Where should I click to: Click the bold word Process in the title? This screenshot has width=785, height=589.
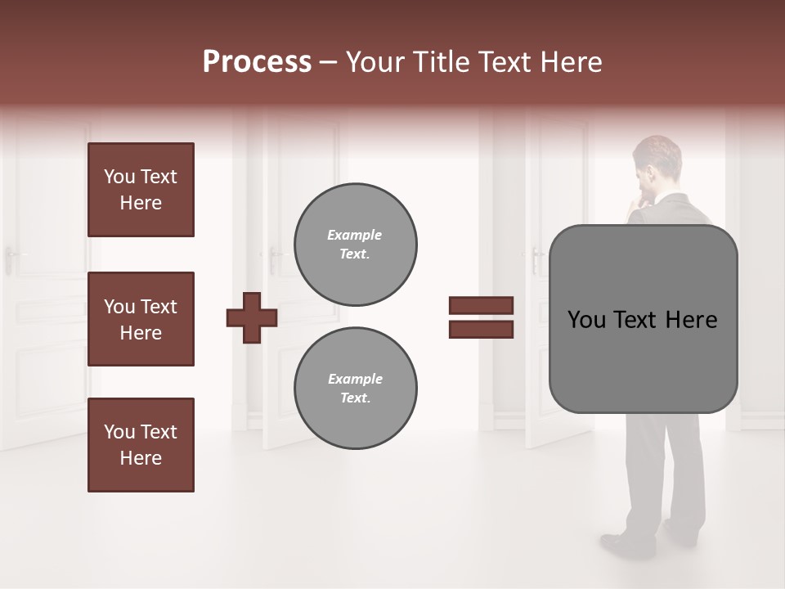click(257, 62)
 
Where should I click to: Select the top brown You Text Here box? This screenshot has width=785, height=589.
click(141, 190)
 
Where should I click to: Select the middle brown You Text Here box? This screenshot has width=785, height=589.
click(141, 319)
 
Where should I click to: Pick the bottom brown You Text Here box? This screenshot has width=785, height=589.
click(141, 445)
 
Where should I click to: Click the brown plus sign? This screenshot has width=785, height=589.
click(252, 317)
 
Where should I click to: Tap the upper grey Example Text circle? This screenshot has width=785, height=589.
click(355, 245)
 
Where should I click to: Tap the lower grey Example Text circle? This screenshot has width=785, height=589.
click(355, 389)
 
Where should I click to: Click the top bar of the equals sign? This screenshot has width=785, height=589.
click(481, 306)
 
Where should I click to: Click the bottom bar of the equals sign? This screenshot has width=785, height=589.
click(481, 330)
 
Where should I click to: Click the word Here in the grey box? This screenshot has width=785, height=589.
click(691, 320)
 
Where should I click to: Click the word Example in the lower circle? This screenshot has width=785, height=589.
click(355, 379)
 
